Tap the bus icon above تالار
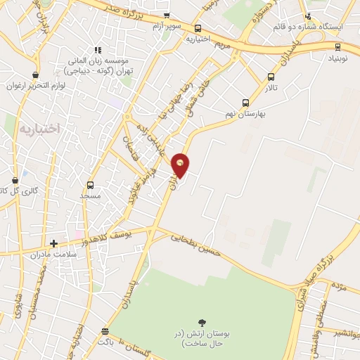pyautogui.click(x=271, y=77)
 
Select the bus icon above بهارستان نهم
pyautogui.click(x=245, y=102)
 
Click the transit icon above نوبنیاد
pyautogui.click(x=338, y=47)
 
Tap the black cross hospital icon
pyautogui.click(x=53, y=243)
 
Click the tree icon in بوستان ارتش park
pyautogui.click(x=203, y=321)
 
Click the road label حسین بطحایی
pyautogui.click(x=198, y=243)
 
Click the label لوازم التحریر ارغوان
pyautogui.click(x=34, y=86)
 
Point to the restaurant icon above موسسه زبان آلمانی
pyautogui.click(x=98, y=50)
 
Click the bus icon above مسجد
pyautogui.click(x=90, y=185)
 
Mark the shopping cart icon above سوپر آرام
pyautogui.click(x=166, y=15)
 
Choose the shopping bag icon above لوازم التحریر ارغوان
pyautogui.click(x=34, y=75)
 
